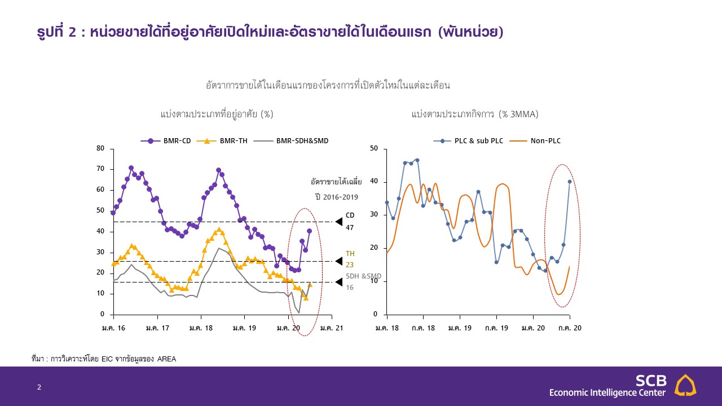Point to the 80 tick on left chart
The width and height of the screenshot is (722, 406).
coord(101,148)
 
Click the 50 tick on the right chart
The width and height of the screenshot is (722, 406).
coord(374,149)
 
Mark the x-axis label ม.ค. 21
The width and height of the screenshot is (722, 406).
coord(332,328)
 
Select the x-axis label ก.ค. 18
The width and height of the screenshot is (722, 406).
coord(423,328)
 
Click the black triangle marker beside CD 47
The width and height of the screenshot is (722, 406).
coord(338,222)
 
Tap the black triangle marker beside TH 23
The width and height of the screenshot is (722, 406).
coord(338,261)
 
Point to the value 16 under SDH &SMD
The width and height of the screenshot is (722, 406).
coord(349,288)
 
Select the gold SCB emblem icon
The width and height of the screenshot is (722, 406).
coord(685,385)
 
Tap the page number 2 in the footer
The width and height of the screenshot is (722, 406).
coord(39,387)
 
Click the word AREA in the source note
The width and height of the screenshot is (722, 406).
coord(166,359)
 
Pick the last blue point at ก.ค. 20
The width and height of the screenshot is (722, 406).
coord(570,182)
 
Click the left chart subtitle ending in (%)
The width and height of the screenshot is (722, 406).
coord(217,114)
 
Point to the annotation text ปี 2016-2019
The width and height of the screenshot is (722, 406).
coord(337,197)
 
